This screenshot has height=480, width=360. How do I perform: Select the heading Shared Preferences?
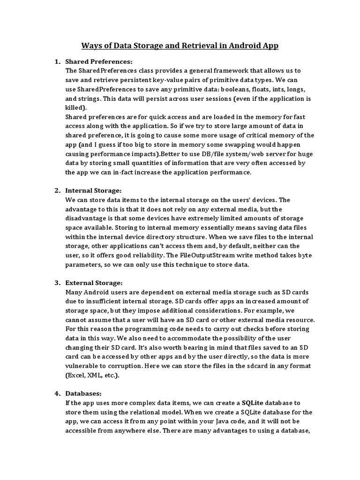coord(99,61)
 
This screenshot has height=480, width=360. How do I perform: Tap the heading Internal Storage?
coord(93,190)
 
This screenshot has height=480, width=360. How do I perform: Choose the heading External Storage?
coord(94,283)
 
